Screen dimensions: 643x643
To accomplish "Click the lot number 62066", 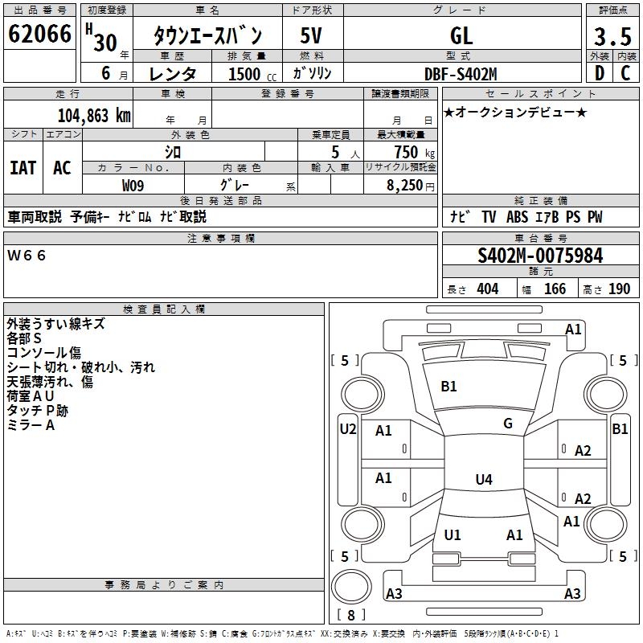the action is tap(39, 35).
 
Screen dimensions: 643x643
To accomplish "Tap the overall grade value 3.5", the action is tap(610, 36).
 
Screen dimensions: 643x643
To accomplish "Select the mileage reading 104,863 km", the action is tap(93, 114).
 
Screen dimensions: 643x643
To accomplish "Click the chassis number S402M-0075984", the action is tap(540, 256).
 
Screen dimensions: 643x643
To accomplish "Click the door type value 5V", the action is tap(312, 36).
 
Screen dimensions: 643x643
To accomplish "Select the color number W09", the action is tap(133, 184).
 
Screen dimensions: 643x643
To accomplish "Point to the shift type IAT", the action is tap(23, 167).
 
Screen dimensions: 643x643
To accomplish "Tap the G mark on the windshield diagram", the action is tap(508, 423).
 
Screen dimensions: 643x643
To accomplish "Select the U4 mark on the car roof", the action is tap(483, 480).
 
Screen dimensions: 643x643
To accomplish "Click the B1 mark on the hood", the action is tap(448, 386).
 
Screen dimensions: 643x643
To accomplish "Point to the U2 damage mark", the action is tap(348, 428).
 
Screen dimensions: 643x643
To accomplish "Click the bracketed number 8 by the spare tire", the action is tap(350, 616).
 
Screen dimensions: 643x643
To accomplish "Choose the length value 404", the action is tap(487, 289).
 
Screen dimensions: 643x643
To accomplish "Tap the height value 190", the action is tap(619, 289).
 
